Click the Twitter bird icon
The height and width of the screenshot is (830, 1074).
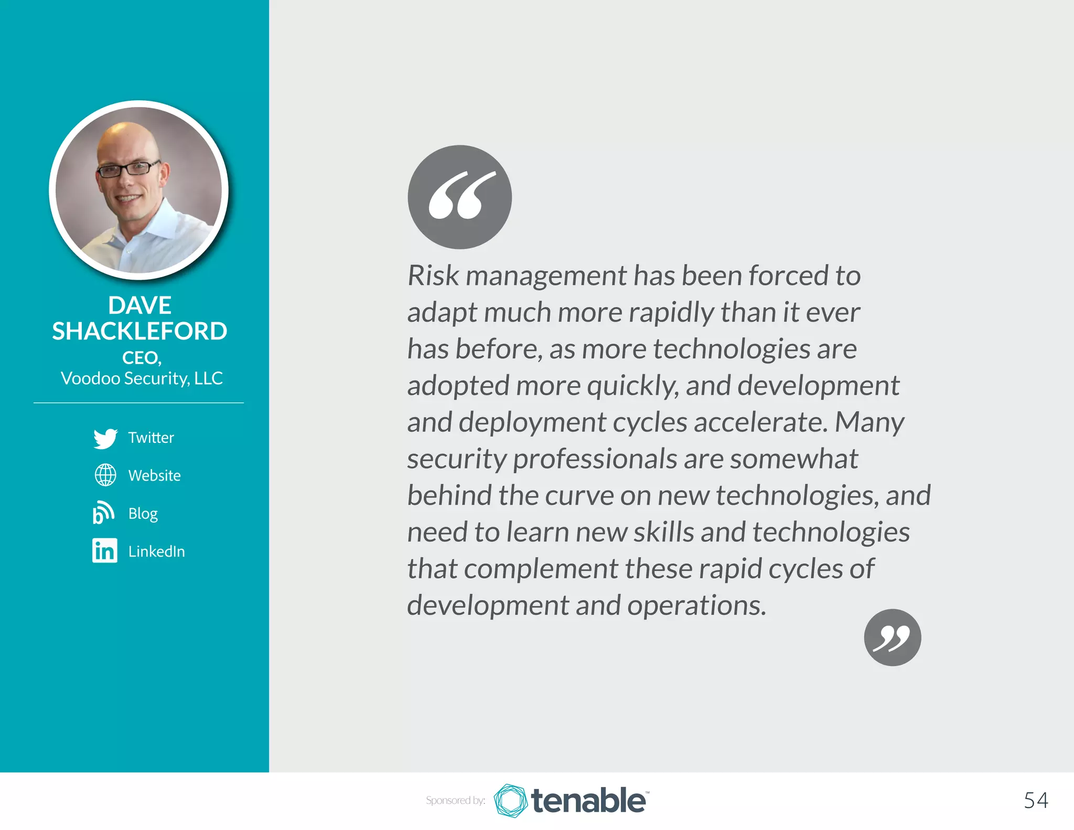pyautogui.click(x=105, y=438)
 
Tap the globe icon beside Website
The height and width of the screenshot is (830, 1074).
pyautogui.click(x=105, y=475)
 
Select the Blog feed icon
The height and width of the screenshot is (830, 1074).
pyautogui.click(x=103, y=513)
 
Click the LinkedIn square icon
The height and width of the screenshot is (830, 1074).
pyautogui.click(x=105, y=550)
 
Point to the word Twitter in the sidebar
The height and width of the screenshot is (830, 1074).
pyautogui.click(x=151, y=438)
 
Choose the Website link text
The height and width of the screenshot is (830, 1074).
pyautogui.click(x=154, y=475)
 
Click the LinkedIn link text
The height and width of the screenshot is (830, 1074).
pyautogui.click(x=156, y=551)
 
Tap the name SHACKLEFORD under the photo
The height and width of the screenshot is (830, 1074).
pyautogui.click(x=139, y=331)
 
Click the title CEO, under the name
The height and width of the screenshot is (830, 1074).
pyautogui.click(x=142, y=358)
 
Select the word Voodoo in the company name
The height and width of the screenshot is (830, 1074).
pyautogui.click(x=90, y=378)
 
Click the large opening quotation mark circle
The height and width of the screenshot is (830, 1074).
pyautogui.click(x=459, y=197)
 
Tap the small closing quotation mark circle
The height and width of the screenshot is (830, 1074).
pyautogui.click(x=892, y=637)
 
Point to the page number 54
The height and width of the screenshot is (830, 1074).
pyautogui.click(x=1036, y=800)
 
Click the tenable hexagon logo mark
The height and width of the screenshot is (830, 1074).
pyautogui.click(x=510, y=801)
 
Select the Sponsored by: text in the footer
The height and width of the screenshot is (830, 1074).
pyautogui.click(x=455, y=801)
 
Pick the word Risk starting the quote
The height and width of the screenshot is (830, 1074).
pyautogui.click(x=433, y=275)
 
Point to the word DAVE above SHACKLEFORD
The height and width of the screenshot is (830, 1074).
pyautogui.click(x=139, y=305)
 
